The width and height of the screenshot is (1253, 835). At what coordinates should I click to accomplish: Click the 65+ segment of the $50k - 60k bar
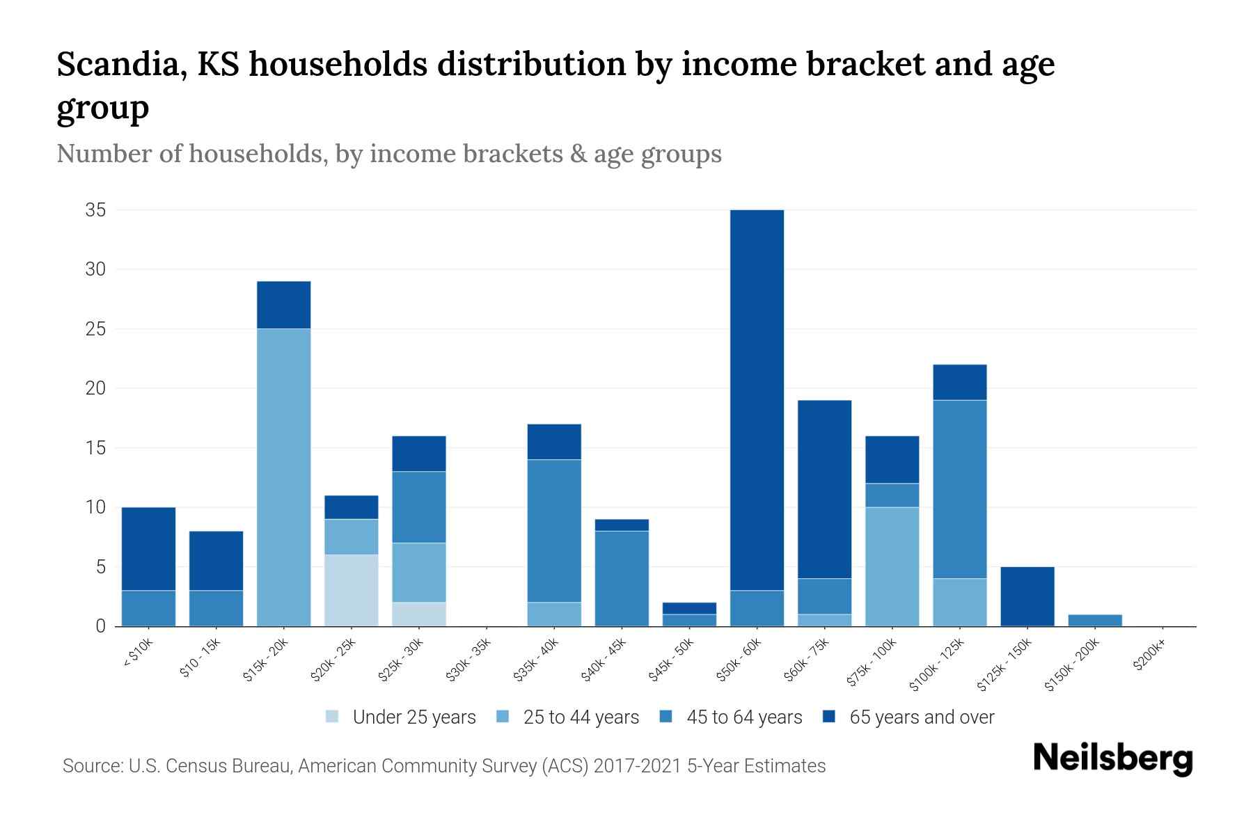[757, 400]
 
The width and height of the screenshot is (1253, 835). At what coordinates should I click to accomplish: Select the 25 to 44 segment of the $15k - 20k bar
[283, 477]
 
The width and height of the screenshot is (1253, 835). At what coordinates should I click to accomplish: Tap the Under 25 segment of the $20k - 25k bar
[351, 590]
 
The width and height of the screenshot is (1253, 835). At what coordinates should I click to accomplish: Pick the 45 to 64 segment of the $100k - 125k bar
[959, 489]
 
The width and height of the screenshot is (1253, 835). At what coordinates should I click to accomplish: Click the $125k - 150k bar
[1027, 596]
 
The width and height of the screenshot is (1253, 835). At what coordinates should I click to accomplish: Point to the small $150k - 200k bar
[1094, 620]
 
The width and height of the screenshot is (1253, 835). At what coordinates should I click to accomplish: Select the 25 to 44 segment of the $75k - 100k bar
[892, 566]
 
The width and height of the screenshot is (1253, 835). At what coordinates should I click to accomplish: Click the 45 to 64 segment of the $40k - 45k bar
[622, 578]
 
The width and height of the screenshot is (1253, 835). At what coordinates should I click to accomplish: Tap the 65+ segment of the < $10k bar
[148, 549]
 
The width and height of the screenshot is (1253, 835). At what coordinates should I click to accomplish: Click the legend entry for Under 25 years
[413, 717]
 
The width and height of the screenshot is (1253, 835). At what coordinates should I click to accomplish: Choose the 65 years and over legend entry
[921, 717]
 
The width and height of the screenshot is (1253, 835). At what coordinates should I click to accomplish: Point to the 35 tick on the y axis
[95, 210]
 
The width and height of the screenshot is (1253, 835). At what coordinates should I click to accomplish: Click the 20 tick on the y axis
[95, 388]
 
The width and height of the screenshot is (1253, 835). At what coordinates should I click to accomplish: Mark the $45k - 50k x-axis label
[670, 660]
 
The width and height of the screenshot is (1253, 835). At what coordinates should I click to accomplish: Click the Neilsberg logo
[1112, 758]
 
